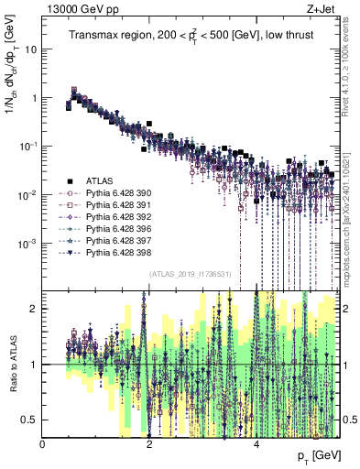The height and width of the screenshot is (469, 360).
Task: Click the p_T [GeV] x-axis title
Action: pos(315,455)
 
